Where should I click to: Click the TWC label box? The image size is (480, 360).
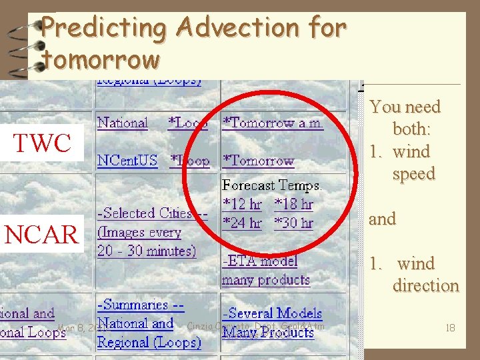pyautogui.click(x=43, y=143)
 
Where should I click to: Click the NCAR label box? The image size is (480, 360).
pyautogui.click(x=41, y=234)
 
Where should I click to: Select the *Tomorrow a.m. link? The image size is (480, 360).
pyautogui.click(x=273, y=123)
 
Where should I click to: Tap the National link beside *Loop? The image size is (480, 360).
pyautogui.click(x=122, y=123)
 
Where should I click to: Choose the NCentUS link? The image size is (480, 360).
pyautogui.click(x=126, y=161)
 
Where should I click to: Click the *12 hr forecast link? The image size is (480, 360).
pyautogui.click(x=242, y=204)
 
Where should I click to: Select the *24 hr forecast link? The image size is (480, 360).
pyautogui.click(x=242, y=223)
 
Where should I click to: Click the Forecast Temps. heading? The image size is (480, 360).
pyautogui.click(x=271, y=185)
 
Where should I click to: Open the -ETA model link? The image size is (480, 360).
pyautogui.click(x=259, y=261)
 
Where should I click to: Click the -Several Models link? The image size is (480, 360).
pyautogui.click(x=272, y=313)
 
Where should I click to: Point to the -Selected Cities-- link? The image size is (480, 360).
pyautogui.click(x=153, y=213)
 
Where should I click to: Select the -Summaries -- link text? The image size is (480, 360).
pyautogui.click(x=141, y=305)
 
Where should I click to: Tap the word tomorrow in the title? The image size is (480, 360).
pyautogui.click(x=101, y=59)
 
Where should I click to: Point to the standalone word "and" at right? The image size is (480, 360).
pyautogui.click(x=383, y=219)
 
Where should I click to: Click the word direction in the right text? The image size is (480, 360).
pyautogui.click(x=425, y=285)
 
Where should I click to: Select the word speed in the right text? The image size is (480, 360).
pyautogui.click(x=413, y=173)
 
